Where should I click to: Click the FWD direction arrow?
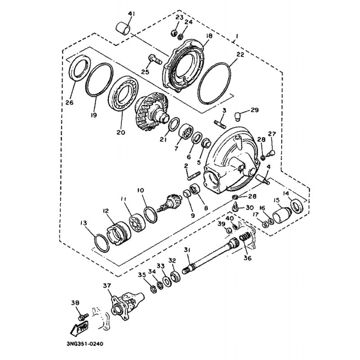tap(80, 328)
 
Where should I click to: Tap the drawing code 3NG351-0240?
tap(85, 344)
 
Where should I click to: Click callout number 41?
tap(131, 14)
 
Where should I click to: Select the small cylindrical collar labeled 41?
tap(122, 29)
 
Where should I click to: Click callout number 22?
tap(240, 54)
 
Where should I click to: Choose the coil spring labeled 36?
tap(245, 239)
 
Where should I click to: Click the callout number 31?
tap(187, 250)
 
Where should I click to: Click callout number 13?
tap(84, 223)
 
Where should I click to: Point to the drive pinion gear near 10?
tap(168, 203)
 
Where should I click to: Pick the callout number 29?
tap(254, 110)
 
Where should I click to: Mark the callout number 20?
tap(121, 132)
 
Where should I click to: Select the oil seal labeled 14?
tap(297, 206)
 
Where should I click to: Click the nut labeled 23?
tap(174, 33)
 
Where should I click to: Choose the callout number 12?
tap(106, 211)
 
